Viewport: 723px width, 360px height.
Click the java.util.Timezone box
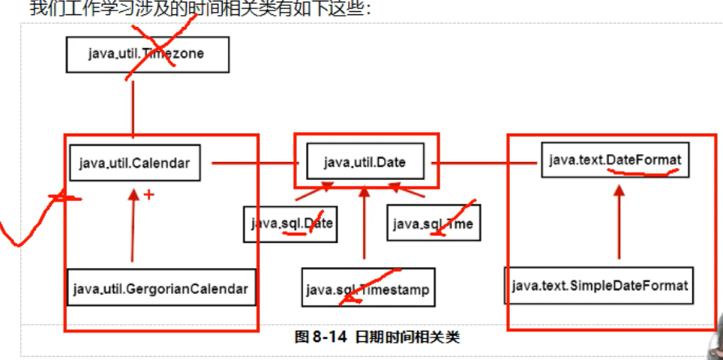147,54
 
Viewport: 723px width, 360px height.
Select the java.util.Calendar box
134,163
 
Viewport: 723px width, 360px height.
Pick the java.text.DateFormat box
615,159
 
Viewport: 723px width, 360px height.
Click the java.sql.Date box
289,223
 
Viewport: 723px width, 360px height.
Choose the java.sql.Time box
433,223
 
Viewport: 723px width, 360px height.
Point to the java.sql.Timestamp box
367,288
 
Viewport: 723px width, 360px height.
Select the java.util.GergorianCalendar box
160,287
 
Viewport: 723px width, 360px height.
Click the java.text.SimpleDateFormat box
599,286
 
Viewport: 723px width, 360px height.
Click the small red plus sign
148,195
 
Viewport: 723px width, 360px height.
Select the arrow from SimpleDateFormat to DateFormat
619,225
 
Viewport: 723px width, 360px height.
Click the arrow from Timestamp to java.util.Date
364,225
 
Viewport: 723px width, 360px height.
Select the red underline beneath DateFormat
643,172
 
